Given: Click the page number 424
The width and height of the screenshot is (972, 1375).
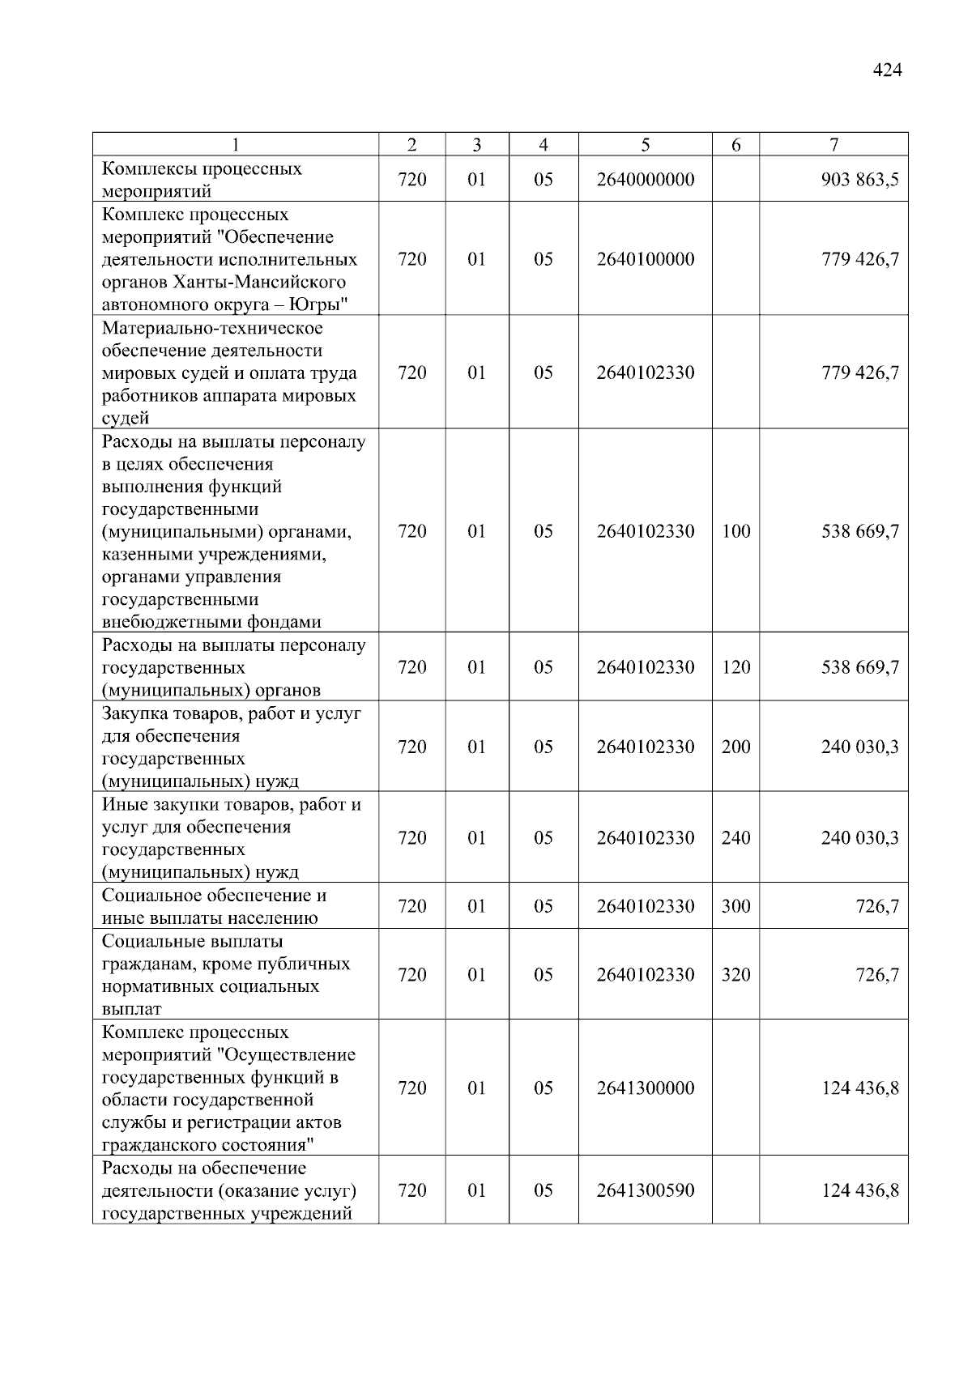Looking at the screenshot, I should [887, 70].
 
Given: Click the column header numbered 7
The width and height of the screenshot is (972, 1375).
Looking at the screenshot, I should [833, 145].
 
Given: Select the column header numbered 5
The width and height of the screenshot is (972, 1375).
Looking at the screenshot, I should [645, 145].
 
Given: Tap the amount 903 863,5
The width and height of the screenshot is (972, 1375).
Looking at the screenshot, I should [859, 180].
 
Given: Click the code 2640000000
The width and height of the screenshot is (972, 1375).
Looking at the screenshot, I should [646, 180].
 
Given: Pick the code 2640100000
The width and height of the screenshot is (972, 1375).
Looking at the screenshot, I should [646, 259].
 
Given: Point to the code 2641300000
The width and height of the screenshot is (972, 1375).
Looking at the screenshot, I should [646, 1088].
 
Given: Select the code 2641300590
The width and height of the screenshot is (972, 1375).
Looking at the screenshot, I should [646, 1190].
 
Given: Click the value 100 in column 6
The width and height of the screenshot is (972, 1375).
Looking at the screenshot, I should [735, 531].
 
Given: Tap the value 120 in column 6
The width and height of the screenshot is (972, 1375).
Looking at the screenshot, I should [735, 667].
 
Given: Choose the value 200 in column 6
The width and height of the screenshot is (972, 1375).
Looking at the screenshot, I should [735, 747].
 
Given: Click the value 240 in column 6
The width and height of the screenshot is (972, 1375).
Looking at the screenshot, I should [735, 837].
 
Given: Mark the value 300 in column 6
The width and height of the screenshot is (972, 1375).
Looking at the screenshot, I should [735, 906].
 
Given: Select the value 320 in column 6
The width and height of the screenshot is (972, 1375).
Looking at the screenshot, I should [735, 974].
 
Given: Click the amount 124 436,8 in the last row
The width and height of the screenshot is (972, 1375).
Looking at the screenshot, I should [859, 1190].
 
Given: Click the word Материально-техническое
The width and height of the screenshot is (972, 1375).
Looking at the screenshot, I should [212, 328].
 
